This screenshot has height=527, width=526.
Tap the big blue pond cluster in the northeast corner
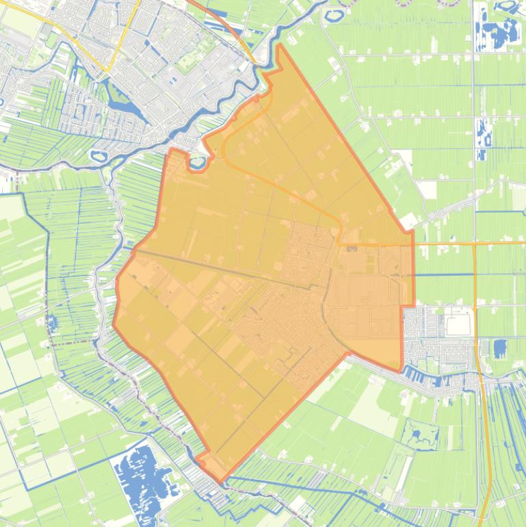(x=497, y=31)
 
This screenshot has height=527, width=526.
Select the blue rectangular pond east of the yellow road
(x=500, y=348)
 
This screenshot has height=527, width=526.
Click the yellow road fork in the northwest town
(x=107, y=70)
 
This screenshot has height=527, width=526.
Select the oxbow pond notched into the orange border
(x=197, y=163)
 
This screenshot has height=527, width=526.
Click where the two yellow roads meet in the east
(x=474, y=243)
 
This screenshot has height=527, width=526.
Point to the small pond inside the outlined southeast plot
(x=415, y=433)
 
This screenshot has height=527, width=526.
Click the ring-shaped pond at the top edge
(x=337, y=14)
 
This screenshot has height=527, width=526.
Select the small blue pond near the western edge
(x=52, y=322)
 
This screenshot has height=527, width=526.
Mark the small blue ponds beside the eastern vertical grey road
(x=482, y=137)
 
